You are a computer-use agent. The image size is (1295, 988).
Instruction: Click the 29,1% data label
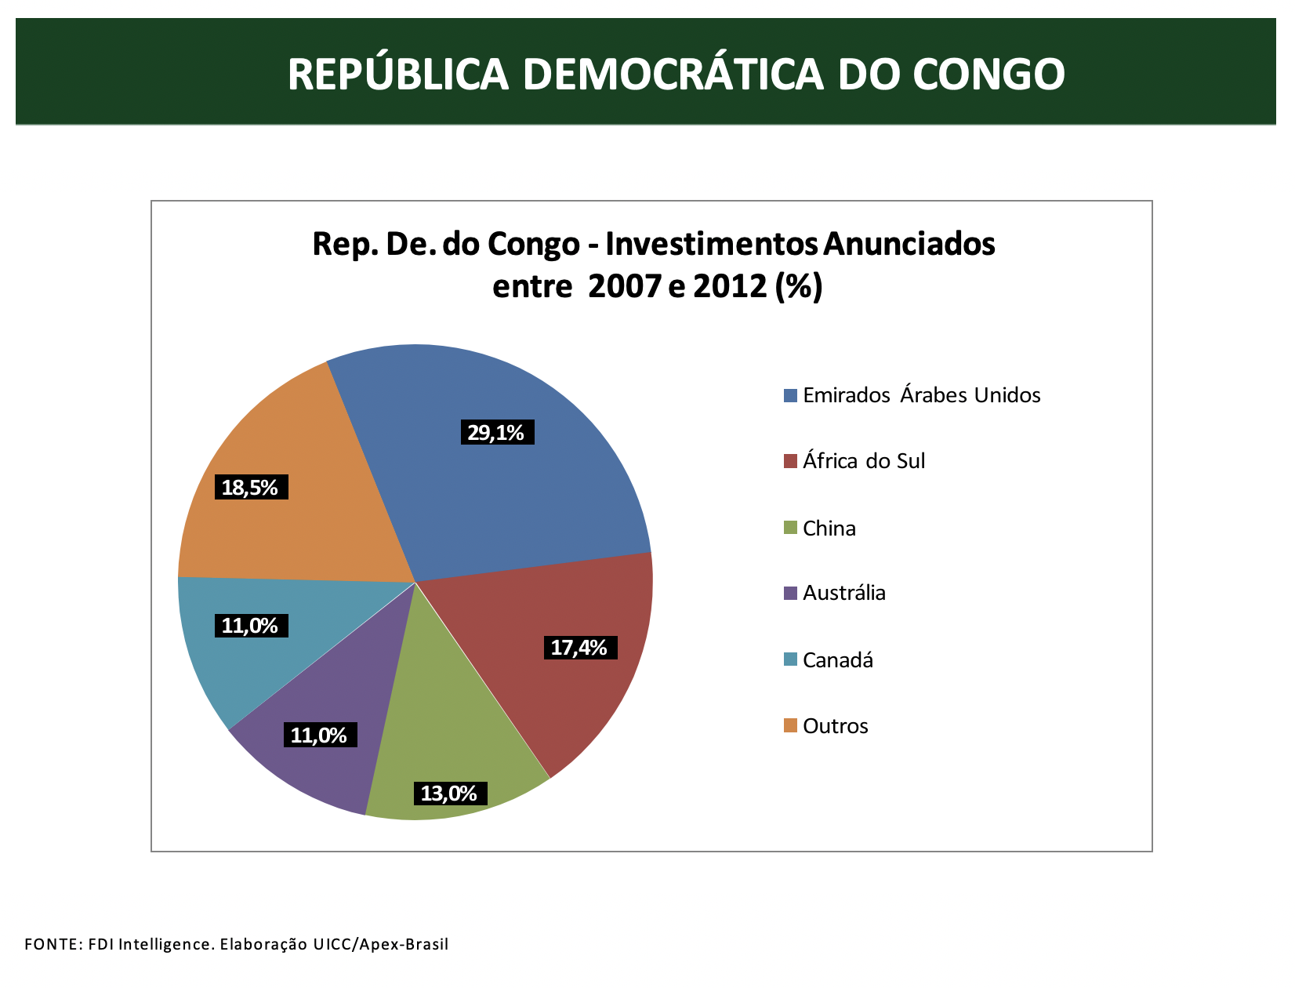coord(497,432)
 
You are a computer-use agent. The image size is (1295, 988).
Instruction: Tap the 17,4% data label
coord(580,648)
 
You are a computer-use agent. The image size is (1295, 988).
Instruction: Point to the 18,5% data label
coord(251,488)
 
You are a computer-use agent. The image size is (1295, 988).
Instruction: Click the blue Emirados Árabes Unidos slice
coord(517,486)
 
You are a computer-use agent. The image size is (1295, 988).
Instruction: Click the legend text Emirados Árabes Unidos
coord(921,395)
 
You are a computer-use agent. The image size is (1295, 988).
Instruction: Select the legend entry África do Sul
coord(863,461)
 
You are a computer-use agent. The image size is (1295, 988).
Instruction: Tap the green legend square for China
coord(790,528)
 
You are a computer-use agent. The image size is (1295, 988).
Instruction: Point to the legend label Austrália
coord(843,593)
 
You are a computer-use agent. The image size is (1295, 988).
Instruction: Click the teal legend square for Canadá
coord(790,659)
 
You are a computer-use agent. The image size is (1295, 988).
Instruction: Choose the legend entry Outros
coord(835,726)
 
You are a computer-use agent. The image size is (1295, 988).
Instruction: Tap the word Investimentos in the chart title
coord(712,244)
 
